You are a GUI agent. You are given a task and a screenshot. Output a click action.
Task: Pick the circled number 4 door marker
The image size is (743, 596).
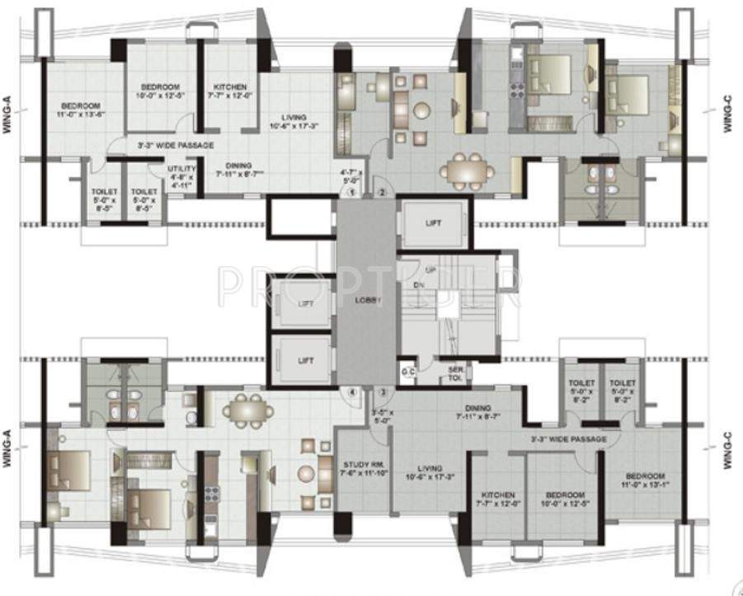coord(351,392)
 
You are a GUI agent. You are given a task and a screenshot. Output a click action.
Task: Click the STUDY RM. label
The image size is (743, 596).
coord(362,465)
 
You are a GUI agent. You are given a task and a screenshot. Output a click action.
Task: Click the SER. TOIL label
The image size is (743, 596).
coord(454,373)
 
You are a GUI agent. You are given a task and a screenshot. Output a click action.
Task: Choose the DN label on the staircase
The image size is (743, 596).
coord(418,284)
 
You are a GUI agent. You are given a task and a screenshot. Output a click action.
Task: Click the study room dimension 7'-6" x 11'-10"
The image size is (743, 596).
coord(362,476)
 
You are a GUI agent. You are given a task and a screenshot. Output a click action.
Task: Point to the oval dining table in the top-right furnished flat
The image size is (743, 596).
coord(467,171)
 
